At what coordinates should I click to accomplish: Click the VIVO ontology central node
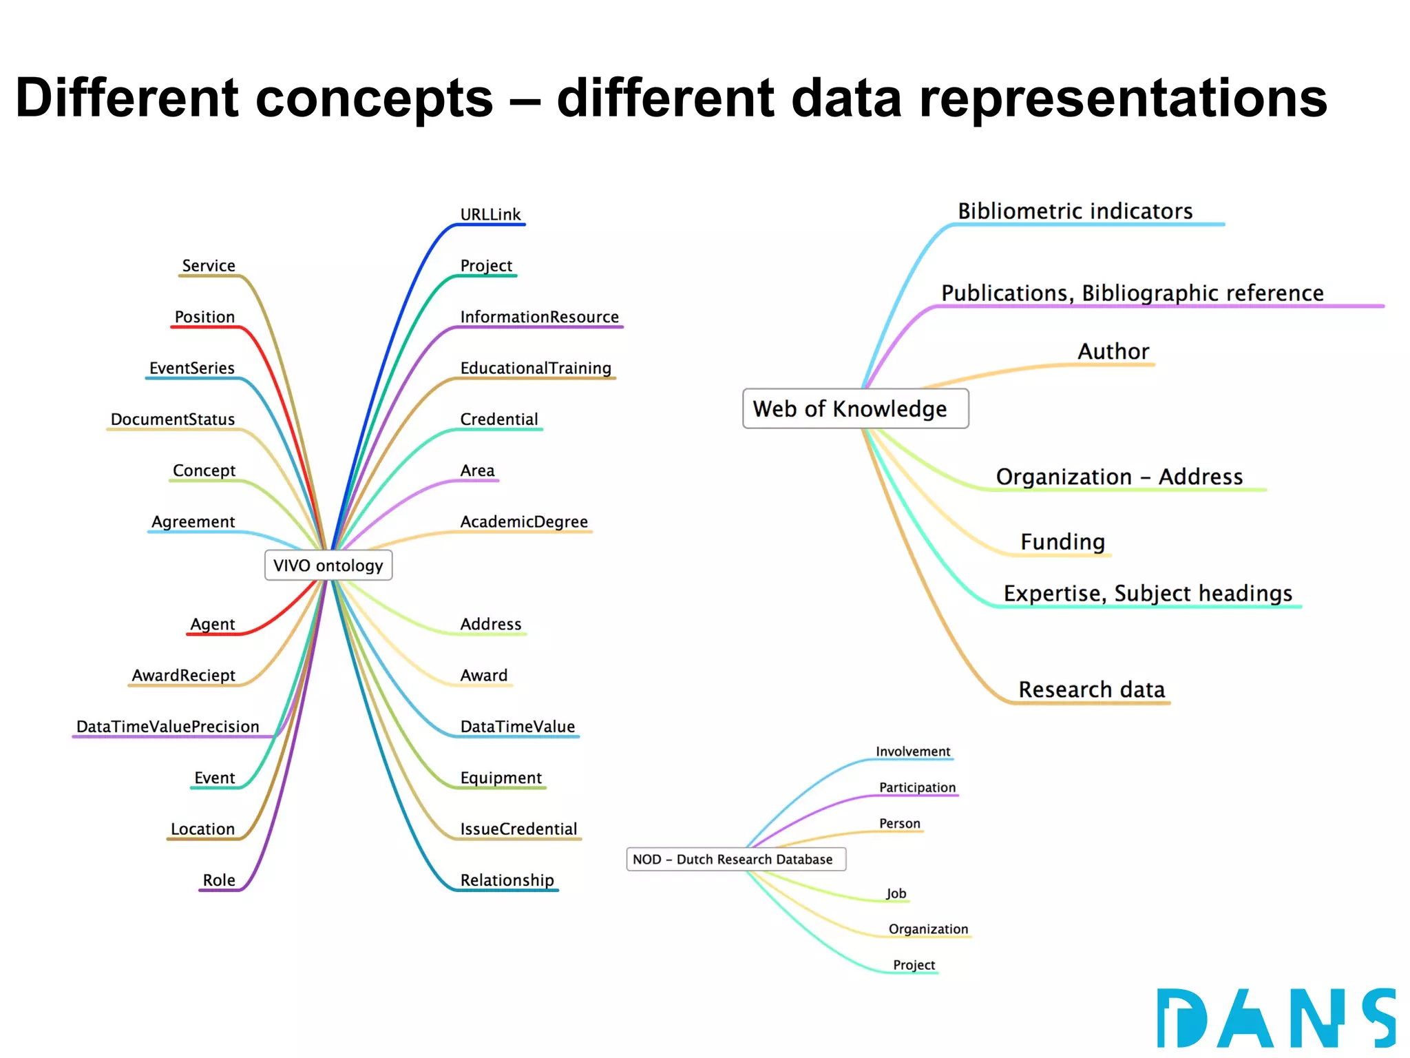coord(328,566)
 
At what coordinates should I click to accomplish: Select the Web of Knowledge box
coord(855,408)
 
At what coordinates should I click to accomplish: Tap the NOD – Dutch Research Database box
coord(735,859)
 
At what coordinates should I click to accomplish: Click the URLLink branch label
coord(490,214)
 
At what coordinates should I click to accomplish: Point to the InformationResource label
coord(539,317)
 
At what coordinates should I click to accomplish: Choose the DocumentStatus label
coord(173,419)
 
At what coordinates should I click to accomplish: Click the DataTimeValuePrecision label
coord(168,727)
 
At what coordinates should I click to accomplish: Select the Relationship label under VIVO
coord(507,880)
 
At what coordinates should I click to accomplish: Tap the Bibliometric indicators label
coord(1075,211)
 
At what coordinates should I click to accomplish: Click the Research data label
coord(1091,689)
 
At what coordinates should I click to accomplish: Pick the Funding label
coord(1062,542)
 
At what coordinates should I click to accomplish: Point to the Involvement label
coord(912,751)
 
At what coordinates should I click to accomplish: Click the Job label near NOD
coord(896,893)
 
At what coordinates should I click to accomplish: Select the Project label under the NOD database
coord(914,965)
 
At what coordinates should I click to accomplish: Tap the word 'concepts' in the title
coord(375,98)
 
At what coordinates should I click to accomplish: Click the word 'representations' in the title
coord(1123,98)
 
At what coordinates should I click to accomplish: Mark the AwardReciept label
coord(183,675)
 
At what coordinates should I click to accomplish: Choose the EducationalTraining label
coord(536,368)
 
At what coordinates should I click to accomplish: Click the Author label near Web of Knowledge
coord(1113,351)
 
